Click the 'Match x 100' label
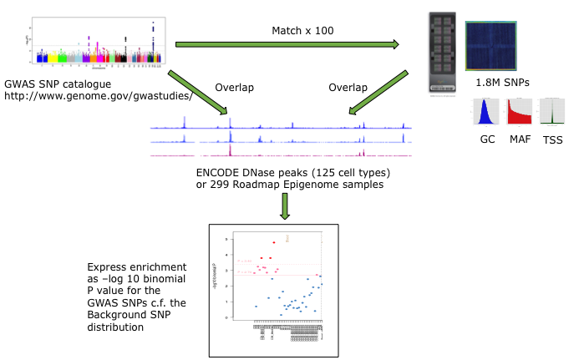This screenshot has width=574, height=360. click(x=302, y=31)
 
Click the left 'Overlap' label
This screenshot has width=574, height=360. click(x=234, y=87)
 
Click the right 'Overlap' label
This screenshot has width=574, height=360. click(x=348, y=87)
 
